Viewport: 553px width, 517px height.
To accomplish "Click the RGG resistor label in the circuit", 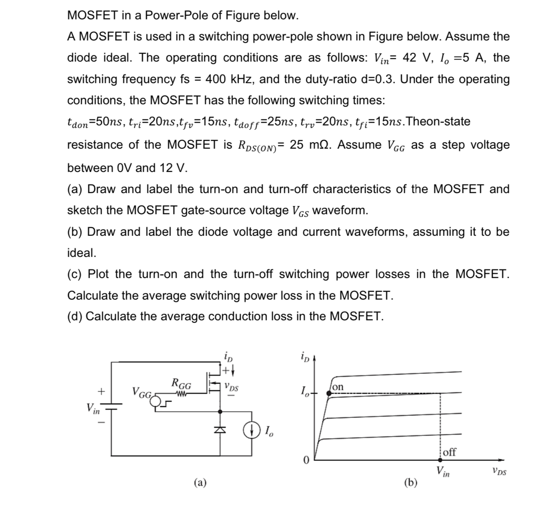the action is (x=181, y=384).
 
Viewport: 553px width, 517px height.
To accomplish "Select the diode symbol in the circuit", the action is (x=221, y=430).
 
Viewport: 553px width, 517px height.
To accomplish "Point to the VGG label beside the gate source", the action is (x=142, y=393).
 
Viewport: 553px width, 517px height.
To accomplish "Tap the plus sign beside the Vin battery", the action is (x=102, y=392).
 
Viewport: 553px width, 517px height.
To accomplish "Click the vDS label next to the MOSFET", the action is (x=231, y=387).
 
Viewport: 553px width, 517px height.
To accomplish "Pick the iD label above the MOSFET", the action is (x=228, y=357).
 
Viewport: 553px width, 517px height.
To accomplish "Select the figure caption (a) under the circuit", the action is (x=199, y=483).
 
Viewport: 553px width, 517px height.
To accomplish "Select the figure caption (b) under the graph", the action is (x=410, y=483).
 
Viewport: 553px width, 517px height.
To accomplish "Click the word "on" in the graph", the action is (x=338, y=387).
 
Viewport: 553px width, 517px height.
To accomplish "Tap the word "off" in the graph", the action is (x=450, y=452).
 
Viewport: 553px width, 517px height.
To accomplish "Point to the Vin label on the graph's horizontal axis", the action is (x=442, y=472).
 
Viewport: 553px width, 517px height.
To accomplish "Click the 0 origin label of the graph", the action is (x=306, y=461).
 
